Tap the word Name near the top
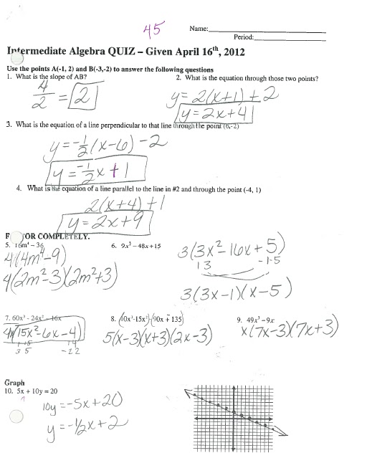coord(198,29)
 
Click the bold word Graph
coord(16,382)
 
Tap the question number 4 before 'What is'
coord(18,189)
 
